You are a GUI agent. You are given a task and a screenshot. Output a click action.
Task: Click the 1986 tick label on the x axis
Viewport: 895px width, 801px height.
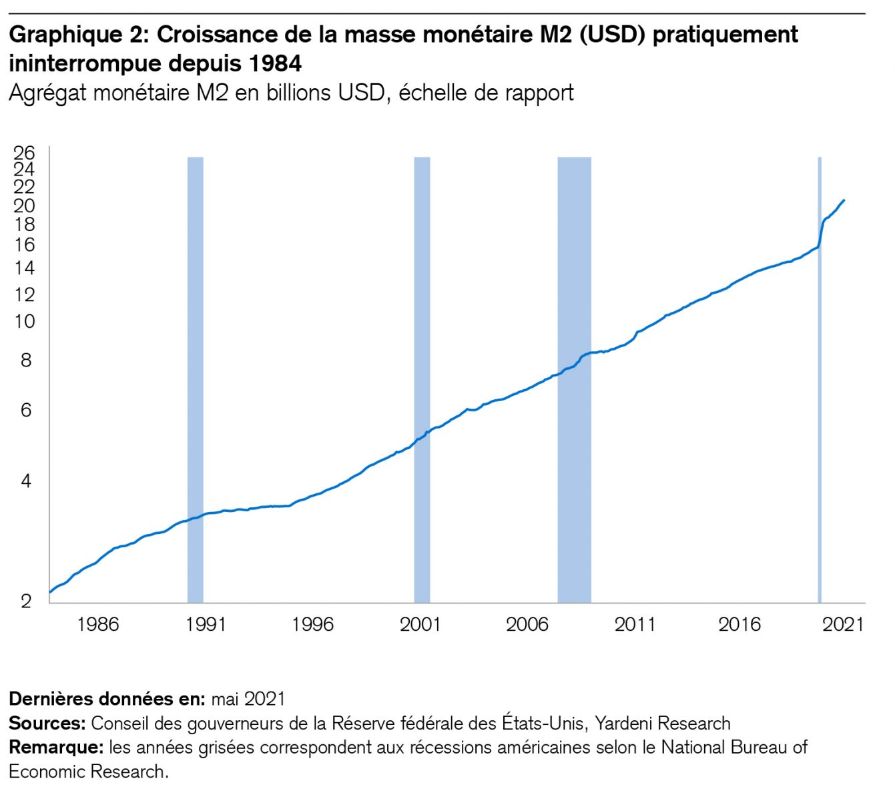tap(98, 624)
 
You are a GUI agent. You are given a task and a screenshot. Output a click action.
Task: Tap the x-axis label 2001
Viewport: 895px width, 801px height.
tap(420, 624)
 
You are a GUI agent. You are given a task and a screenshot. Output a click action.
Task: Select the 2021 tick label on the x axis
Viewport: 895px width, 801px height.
tap(843, 624)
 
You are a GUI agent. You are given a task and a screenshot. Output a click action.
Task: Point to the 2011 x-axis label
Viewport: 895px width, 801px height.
tap(635, 624)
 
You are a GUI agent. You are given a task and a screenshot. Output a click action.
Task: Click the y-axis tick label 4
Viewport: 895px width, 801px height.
tap(26, 481)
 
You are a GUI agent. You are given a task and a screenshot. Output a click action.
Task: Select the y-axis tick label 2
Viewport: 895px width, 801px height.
tap(26, 601)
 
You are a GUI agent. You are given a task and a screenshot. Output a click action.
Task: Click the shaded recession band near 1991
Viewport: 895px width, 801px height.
tap(195, 380)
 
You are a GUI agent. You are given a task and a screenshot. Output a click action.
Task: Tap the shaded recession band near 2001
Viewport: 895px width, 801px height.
tap(422, 380)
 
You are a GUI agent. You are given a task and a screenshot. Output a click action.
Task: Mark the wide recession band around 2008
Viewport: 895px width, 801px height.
tap(574, 380)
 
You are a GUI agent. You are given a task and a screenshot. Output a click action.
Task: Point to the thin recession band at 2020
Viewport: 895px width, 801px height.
tap(820, 380)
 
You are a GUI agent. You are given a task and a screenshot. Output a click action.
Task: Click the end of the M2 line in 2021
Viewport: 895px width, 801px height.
tap(844, 200)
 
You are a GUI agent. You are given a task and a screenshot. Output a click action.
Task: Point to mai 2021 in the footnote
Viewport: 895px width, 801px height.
tap(248, 699)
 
